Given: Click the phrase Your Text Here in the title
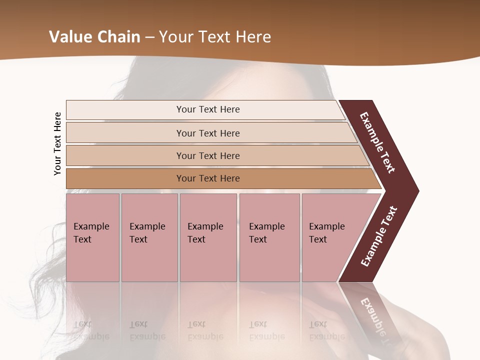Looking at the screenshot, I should coord(215,37).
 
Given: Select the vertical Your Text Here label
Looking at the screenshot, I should coord(57,144).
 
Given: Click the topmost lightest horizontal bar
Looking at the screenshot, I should coord(208,109).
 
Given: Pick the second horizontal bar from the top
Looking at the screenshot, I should coord(208,133).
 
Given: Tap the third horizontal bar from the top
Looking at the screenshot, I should coord(208,155).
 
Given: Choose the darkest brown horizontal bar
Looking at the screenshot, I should coord(208,178).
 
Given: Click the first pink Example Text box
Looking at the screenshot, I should coord(92,237).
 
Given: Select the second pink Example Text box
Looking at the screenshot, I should coord(149,237).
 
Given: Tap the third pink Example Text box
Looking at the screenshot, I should coord(208,237).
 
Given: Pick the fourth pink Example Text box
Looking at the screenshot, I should coord(269,237).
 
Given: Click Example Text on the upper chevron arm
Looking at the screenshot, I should coord(377,142).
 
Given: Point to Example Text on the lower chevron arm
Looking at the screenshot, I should coord(379,236).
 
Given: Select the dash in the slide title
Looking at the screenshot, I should coord(150,37).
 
